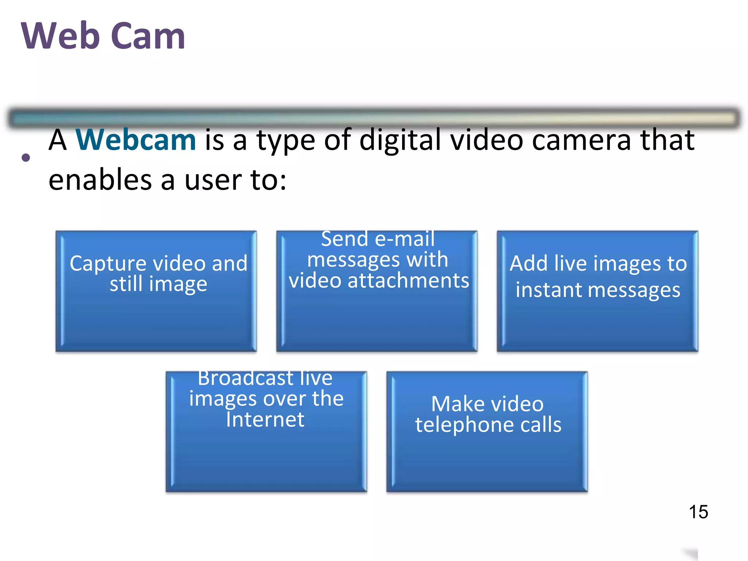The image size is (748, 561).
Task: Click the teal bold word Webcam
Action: tap(136, 140)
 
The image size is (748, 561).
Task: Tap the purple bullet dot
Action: tap(26, 158)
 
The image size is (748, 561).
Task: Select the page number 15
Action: tap(698, 512)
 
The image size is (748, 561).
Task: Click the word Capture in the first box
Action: tap(108, 264)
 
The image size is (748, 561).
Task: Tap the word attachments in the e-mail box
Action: tap(408, 281)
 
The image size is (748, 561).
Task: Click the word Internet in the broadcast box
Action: tap(265, 419)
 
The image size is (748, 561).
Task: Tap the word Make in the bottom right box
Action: tap(454, 404)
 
